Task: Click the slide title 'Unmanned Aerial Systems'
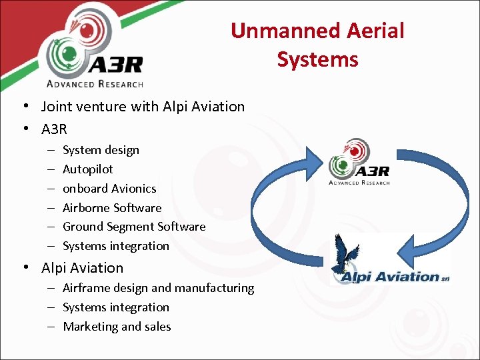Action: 317,45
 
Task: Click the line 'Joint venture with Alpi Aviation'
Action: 143,107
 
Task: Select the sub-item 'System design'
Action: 101,150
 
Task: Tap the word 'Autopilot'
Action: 87,169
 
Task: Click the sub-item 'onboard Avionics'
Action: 109,189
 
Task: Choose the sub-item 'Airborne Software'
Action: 112,208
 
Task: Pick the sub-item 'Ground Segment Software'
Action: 134,227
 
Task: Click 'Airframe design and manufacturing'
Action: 158,288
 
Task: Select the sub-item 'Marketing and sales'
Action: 117,327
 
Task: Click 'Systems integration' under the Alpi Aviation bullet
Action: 116,307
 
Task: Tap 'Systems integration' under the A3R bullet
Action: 116,246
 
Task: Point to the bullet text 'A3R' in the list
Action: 54,128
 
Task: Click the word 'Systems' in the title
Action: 317,59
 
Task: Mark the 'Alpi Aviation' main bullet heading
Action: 82,268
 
